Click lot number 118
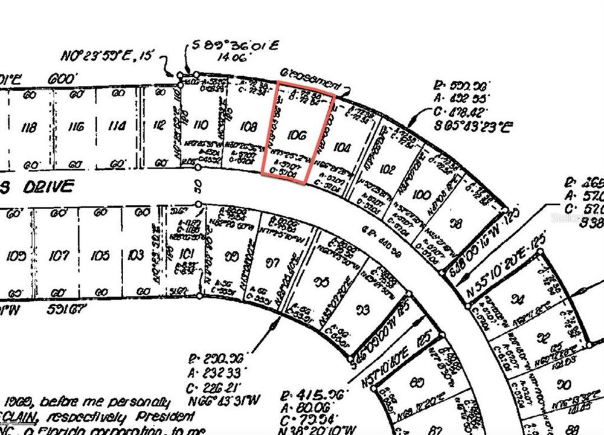tap(28, 127)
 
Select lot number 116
tap(75, 127)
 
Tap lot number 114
tap(117, 127)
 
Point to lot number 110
tap(200, 126)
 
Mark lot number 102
tap(387, 170)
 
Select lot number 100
tap(423, 196)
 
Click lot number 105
tap(100, 256)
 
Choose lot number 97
tap(274, 263)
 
